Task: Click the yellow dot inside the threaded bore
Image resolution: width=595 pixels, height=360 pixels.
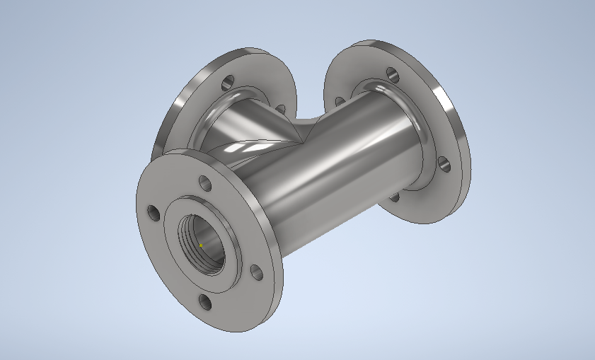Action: (x=200, y=245)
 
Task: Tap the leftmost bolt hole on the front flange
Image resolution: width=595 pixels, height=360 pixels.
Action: (x=153, y=211)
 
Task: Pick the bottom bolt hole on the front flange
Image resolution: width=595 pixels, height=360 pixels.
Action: (x=205, y=303)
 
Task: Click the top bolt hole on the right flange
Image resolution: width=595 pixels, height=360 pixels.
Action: (x=391, y=72)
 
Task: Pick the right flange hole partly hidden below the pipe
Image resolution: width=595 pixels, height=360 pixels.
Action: (x=394, y=195)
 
